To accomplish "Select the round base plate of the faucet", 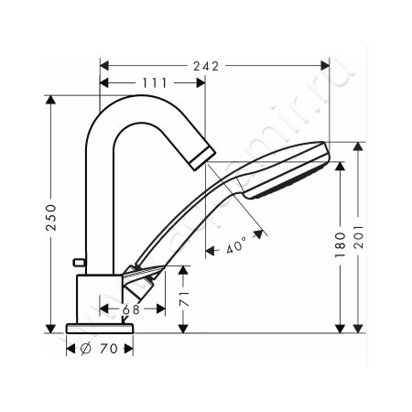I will point(100,328).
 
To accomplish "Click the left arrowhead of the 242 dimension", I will point(103,66).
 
